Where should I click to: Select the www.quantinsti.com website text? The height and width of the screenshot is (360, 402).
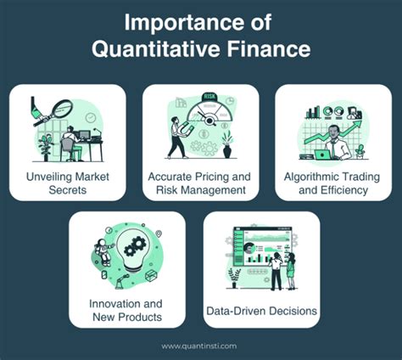(200, 346)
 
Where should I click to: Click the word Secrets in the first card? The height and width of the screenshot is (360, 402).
(69, 190)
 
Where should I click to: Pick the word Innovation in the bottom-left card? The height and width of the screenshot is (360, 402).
(115, 303)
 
